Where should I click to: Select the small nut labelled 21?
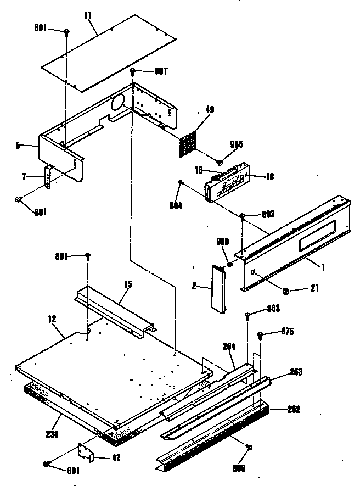point(286,289)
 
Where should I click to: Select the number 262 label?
point(294,410)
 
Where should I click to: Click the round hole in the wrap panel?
point(117,103)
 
